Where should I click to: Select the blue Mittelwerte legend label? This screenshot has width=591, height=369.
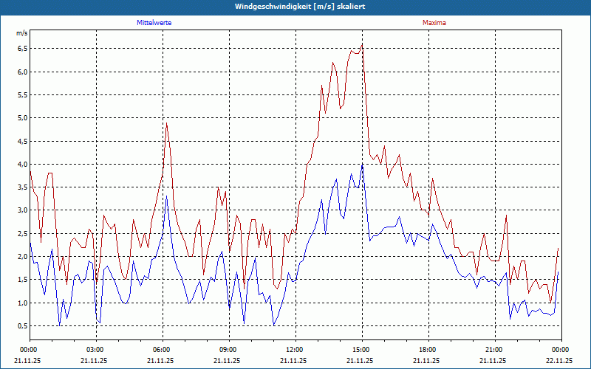click(159, 23)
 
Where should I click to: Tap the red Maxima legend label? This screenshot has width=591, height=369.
click(434, 23)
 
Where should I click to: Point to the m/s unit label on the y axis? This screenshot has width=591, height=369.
click(22, 34)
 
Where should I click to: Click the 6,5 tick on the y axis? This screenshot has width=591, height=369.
click(22, 49)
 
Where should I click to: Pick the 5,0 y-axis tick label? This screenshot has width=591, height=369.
click(22, 118)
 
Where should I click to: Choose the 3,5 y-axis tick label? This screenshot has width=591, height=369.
click(22, 187)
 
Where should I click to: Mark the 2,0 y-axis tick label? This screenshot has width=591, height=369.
click(22, 257)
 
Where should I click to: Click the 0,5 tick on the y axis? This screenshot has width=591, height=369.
click(22, 326)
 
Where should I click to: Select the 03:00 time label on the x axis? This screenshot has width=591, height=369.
click(96, 349)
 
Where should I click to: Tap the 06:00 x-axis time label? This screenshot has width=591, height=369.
click(163, 349)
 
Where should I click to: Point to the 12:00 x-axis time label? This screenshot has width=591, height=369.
click(295, 349)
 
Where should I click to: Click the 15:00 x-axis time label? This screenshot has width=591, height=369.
click(362, 349)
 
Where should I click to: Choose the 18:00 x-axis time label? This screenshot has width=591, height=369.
click(428, 349)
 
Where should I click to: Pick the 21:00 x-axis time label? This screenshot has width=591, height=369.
click(495, 349)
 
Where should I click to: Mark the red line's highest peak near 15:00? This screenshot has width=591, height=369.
click(362, 44)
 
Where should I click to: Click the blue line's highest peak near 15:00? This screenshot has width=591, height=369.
click(362, 165)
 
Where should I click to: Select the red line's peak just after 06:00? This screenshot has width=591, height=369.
click(167, 123)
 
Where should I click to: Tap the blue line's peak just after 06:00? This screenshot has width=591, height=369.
click(167, 196)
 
